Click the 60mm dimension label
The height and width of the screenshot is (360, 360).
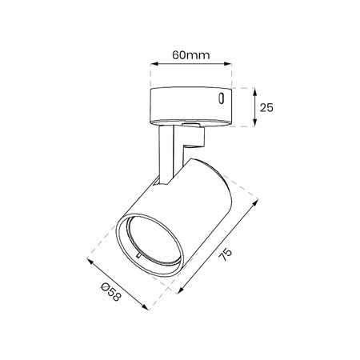191,55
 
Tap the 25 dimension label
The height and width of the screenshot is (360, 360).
266,107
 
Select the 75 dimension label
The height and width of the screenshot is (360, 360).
226,254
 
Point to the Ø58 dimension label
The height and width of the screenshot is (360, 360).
111,292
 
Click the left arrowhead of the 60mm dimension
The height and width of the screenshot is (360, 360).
154,64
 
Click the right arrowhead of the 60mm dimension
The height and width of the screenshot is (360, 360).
227,64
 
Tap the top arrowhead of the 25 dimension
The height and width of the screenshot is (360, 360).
255,92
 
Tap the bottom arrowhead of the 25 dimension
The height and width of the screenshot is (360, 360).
255,122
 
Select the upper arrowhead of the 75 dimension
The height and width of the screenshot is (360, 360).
255,203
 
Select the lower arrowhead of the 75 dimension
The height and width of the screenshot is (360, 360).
181,290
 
